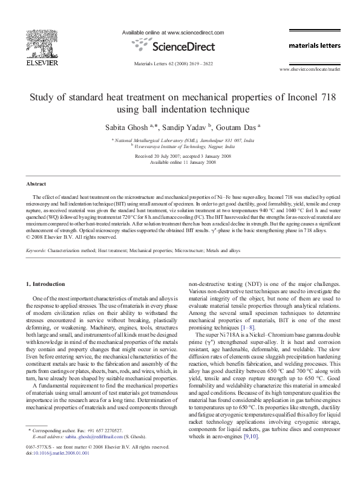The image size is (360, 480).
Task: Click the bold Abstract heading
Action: [36, 183]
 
